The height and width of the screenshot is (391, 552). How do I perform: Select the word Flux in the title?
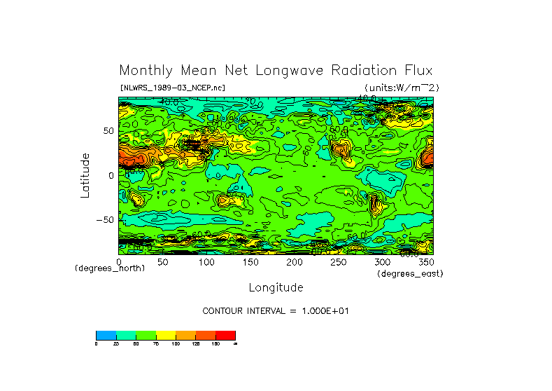[415, 71]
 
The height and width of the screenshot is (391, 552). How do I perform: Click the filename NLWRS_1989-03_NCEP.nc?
[172, 88]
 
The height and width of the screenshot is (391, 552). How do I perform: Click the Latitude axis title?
[85, 175]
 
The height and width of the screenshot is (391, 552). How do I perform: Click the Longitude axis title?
[276, 287]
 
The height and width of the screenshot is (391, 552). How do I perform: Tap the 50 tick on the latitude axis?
[108, 131]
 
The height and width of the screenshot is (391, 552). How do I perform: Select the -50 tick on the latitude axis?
[105, 220]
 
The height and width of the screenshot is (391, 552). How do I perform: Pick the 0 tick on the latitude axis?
[111, 175]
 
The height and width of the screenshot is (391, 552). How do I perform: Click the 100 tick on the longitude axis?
[206, 262]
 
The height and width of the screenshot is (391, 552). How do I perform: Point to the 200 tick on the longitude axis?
[295, 262]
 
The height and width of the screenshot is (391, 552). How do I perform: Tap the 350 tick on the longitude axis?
[425, 262]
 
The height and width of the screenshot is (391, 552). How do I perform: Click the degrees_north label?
[110, 268]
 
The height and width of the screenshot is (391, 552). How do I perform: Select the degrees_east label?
[410, 273]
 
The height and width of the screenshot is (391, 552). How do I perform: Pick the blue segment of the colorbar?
[106, 335]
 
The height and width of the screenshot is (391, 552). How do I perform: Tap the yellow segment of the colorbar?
[166, 335]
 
